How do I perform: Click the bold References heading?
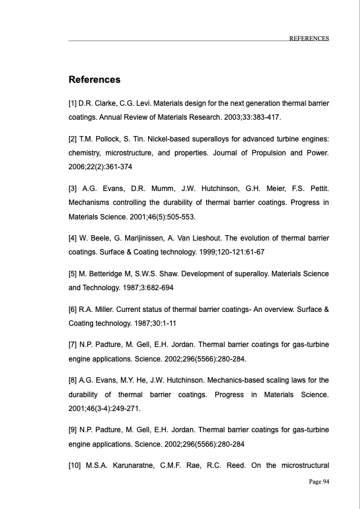coord(94,80)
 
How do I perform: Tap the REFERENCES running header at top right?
coord(309,38)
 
